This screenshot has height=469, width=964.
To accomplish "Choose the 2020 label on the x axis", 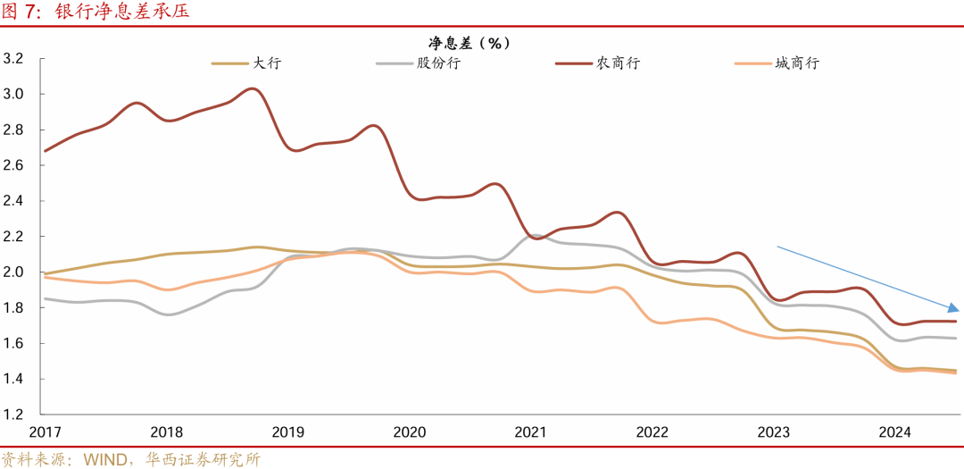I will coord(409,432).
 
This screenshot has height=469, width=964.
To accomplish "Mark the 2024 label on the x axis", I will coord(894,432).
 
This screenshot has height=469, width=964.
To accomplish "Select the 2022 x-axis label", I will coord(652,432).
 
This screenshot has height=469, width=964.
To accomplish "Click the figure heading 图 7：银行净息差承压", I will coord(95,12).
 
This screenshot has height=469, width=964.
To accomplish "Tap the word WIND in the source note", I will coord(106,460).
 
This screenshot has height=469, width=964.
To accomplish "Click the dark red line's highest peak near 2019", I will coord(253,88).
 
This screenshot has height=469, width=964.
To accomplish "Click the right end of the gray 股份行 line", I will coord(956,338).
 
